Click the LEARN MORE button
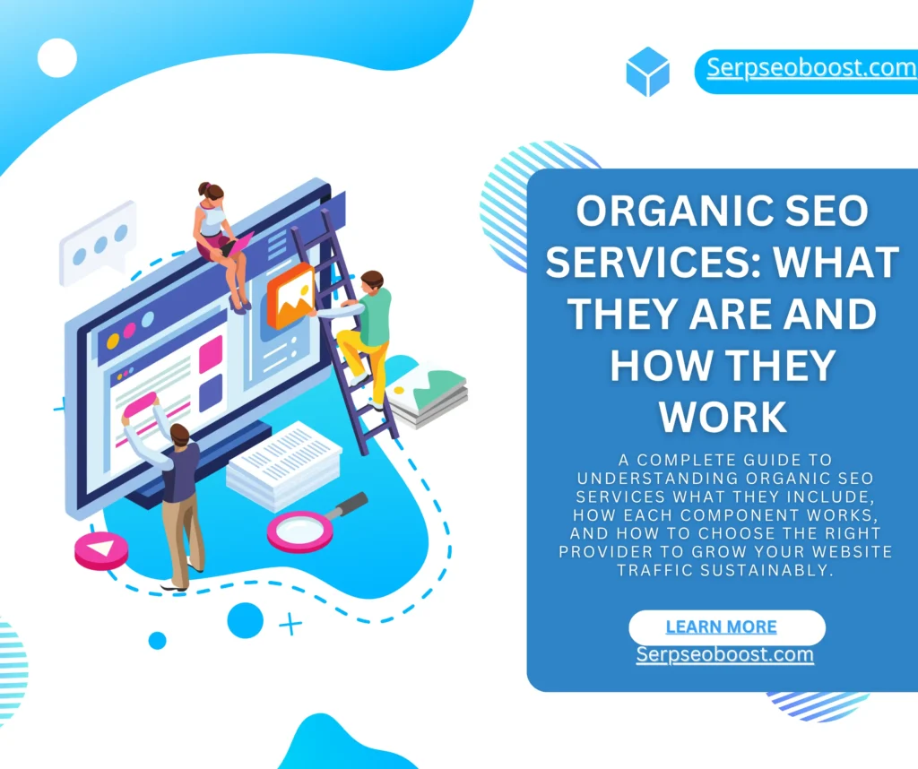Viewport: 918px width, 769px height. pyautogui.click(x=726, y=626)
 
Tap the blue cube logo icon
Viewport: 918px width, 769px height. pyautogui.click(x=647, y=72)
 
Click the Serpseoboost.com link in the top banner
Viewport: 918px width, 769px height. pyautogui.click(x=811, y=68)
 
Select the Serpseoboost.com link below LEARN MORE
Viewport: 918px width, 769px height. pyautogui.click(x=724, y=654)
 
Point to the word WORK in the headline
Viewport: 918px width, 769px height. pyautogui.click(x=723, y=418)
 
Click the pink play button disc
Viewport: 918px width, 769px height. pyautogui.click(x=101, y=550)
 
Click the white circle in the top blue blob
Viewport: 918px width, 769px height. pyautogui.click(x=56, y=58)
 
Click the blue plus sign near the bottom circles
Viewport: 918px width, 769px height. pyautogui.click(x=290, y=624)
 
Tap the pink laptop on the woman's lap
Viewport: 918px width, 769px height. pyautogui.click(x=237, y=246)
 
